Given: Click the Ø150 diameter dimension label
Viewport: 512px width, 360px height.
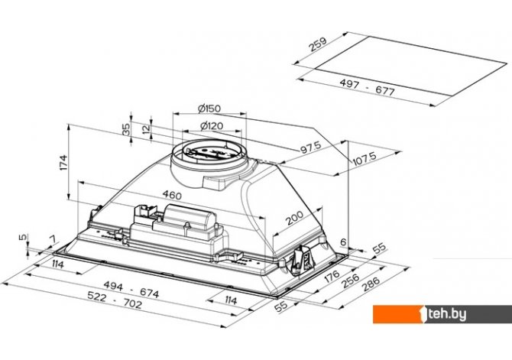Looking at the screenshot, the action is click(209, 108).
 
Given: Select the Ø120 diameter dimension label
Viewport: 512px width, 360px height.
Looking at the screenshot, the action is click(211, 125).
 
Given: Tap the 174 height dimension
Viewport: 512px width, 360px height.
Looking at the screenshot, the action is click(63, 162).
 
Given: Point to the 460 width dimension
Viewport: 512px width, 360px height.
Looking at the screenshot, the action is click(172, 195).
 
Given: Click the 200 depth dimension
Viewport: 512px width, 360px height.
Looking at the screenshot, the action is click(294, 218).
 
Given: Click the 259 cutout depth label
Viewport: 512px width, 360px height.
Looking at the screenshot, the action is click(318, 44).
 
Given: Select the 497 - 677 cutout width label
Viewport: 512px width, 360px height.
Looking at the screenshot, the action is click(367, 87).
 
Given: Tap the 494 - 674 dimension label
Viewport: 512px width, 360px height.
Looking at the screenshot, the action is click(131, 290).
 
